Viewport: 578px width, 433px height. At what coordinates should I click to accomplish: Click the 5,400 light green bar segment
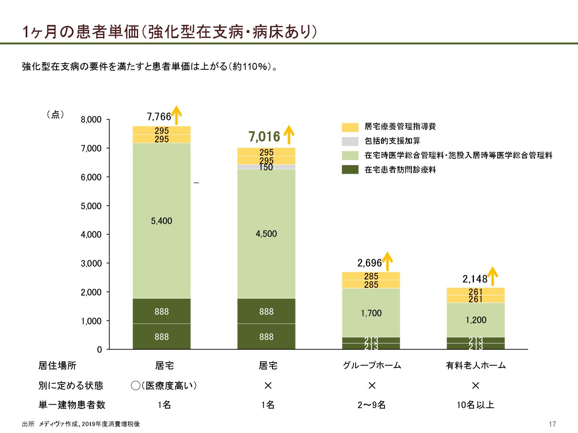coord(161,221)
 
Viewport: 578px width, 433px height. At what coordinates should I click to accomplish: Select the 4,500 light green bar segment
coord(266,234)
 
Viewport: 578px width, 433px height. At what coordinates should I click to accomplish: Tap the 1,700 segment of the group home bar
coord(371,313)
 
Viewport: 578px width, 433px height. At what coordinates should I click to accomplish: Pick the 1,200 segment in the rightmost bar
coord(476,320)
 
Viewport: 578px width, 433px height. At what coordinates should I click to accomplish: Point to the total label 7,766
coord(159,117)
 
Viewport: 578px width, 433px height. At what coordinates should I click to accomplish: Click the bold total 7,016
coord(264,137)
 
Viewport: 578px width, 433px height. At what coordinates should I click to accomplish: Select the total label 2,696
coord(369,263)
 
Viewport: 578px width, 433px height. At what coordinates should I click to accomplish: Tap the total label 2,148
coord(474,279)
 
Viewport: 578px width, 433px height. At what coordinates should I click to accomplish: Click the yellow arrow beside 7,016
coord(289,135)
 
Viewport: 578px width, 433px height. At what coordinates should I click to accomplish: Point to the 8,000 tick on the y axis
coord(91,119)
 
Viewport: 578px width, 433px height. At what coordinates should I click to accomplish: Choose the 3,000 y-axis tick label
coord(91,263)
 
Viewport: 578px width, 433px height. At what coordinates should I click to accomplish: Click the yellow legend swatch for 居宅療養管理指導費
coord(350,127)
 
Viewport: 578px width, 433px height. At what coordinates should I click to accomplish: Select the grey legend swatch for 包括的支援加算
coord(350,141)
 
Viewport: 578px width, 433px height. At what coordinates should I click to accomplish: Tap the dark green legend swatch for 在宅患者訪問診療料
coord(350,170)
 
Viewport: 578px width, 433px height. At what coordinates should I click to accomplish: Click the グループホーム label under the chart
coord(372,365)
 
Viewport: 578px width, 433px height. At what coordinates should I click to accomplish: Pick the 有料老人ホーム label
coord(476,365)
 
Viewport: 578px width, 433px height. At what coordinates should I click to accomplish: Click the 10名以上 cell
coord(475,405)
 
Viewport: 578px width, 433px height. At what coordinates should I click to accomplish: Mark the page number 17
coord(552,424)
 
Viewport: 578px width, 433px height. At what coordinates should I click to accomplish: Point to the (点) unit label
coord(55,115)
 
